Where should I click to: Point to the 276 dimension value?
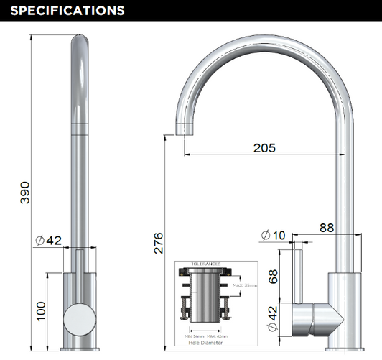[x=159, y=242]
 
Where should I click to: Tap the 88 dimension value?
[x=327, y=228]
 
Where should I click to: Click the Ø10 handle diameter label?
[x=273, y=235]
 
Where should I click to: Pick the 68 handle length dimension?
[x=273, y=276]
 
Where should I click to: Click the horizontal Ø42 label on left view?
[x=50, y=240]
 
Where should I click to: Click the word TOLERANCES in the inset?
[x=205, y=264]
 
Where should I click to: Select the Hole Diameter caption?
[x=205, y=343]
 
